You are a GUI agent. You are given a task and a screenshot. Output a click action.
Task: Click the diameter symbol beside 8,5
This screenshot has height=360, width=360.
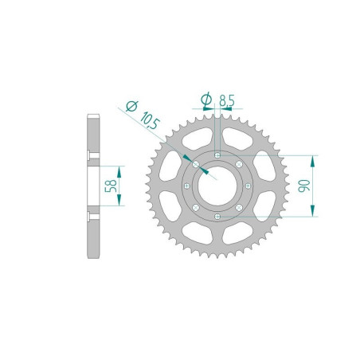(x=206, y=100)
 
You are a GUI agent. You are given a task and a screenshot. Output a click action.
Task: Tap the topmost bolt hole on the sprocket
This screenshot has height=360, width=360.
(x=217, y=155)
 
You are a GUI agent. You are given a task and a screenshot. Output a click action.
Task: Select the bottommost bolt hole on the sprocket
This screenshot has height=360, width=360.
(x=217, y=216)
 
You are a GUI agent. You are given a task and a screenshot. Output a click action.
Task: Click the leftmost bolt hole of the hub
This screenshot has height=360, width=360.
(x=186, y=186)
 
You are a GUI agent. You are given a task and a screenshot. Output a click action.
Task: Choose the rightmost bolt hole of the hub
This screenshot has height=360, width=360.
(x=248, y=186)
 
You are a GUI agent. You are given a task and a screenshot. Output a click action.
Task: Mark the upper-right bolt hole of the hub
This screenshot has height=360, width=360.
(x=239, y=164)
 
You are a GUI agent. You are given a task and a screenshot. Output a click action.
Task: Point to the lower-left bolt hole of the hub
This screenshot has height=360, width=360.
(x=196, y=207)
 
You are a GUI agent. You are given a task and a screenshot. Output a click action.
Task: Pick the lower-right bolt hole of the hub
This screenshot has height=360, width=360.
(x=239, y=207)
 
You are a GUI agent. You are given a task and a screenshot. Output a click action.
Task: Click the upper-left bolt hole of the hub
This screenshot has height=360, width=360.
(x=196, y=164)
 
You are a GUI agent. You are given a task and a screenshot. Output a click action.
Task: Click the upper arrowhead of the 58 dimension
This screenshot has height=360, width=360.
(x=122, y=170)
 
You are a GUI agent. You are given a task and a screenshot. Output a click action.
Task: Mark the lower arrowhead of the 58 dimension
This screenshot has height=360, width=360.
(x=122, y=202)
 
